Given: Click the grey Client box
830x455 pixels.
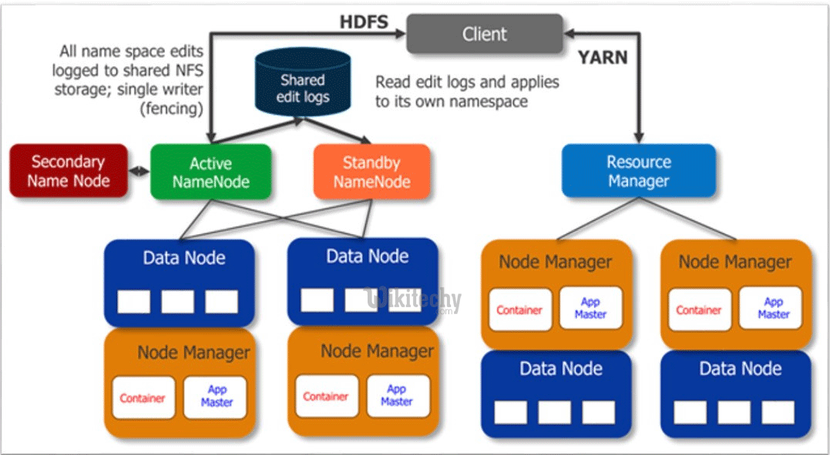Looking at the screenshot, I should [484, 34].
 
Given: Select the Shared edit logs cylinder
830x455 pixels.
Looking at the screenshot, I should [304, 88].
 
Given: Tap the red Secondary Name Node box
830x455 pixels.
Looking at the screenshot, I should [68, 171].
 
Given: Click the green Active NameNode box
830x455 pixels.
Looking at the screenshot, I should [210, 172].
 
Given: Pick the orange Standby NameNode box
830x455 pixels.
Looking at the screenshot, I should [371, 172].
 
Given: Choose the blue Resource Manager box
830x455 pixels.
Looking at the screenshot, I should [638, 171].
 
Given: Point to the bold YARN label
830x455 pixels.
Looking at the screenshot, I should [602, 57].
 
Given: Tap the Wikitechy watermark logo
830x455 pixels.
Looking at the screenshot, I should [414, 299].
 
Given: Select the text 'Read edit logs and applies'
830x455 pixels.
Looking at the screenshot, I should [467, 82].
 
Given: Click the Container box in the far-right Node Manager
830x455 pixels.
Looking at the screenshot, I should [698, 309].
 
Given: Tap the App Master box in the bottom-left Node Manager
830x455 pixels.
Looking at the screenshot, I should [216, 396].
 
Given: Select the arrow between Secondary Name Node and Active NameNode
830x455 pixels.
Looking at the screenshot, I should [139, 171].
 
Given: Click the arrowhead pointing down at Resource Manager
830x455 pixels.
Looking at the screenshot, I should [638, 137].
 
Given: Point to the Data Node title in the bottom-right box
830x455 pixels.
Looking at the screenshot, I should [740, 368].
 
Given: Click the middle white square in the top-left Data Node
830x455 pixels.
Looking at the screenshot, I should [177, 301].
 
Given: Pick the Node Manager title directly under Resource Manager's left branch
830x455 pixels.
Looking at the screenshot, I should [555, 261].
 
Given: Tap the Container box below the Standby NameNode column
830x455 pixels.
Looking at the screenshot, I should [326, 396].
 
